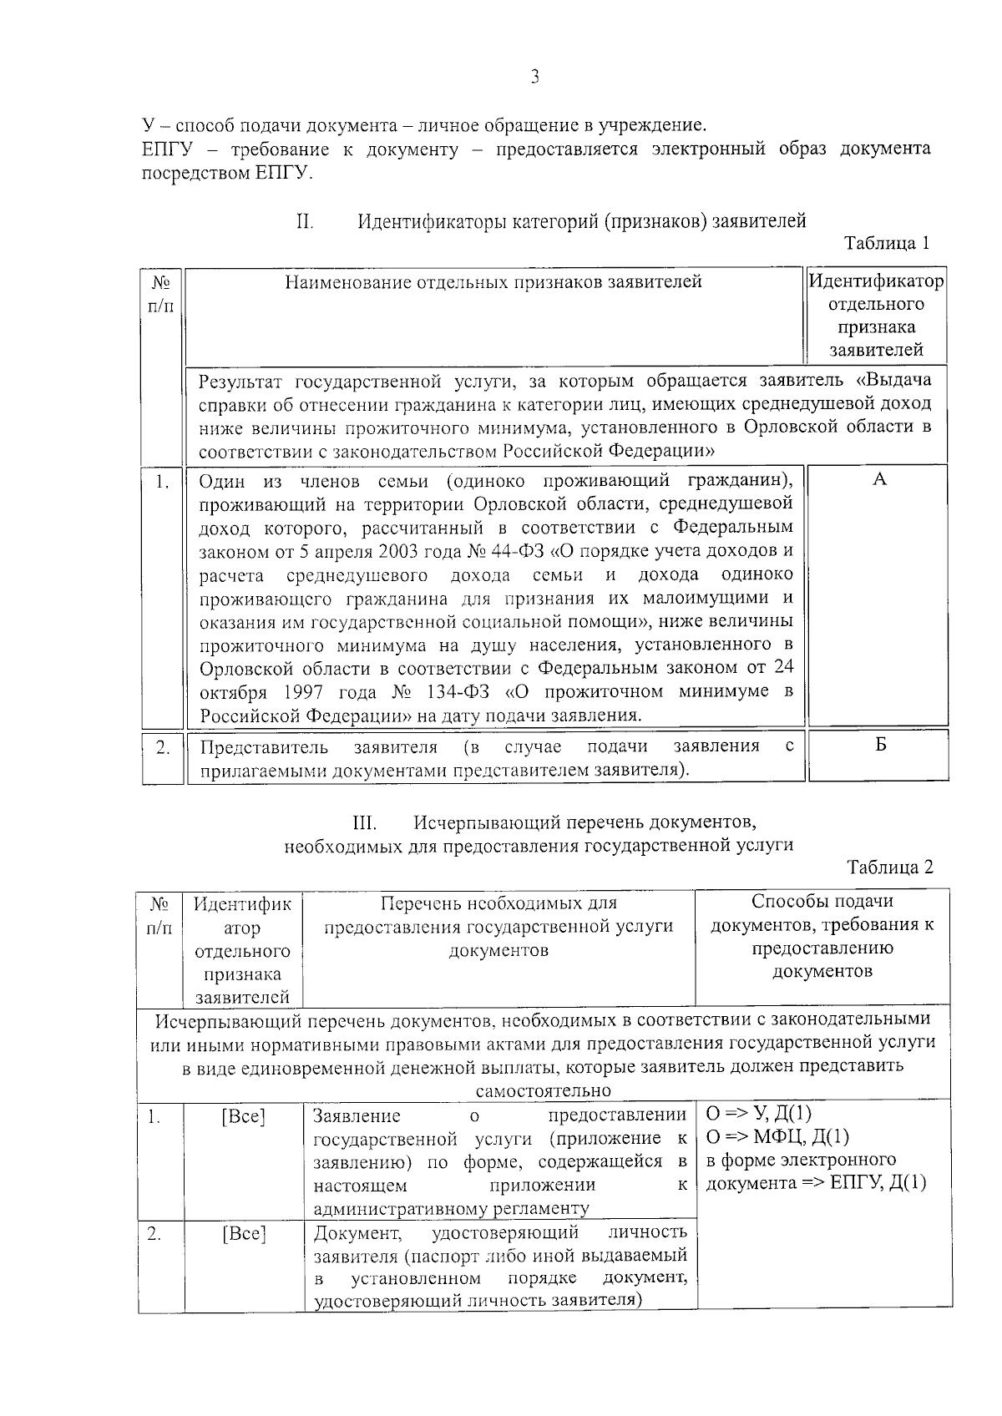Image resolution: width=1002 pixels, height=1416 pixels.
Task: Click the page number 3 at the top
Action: click(534, 78)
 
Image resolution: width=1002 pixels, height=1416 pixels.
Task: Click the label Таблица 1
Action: click(887, 244)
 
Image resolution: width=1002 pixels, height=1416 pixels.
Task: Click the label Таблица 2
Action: click(889, 867)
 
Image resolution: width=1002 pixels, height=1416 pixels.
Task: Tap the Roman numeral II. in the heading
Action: click(304, 222)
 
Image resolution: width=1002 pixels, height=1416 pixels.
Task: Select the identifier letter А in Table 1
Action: click(878, 479)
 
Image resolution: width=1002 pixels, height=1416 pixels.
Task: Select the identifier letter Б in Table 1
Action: click(880, 745)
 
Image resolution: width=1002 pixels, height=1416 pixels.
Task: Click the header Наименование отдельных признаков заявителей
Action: click(493, 282)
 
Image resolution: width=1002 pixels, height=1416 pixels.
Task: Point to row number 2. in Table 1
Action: click(163, 747)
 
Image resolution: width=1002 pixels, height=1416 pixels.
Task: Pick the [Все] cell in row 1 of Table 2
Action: click(243, 1116)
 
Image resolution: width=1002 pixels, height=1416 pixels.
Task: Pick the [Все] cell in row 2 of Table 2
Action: click(243, 1233)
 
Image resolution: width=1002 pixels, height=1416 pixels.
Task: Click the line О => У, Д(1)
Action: click(758, 1114)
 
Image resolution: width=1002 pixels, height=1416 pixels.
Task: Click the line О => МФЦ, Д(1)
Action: click(777, 1137)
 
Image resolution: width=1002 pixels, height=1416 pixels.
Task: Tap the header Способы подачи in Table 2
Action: click(822, 902)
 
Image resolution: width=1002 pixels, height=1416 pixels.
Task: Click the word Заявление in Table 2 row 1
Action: click(357, 1116)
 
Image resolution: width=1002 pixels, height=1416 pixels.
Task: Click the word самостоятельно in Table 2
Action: click(543, 1091)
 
